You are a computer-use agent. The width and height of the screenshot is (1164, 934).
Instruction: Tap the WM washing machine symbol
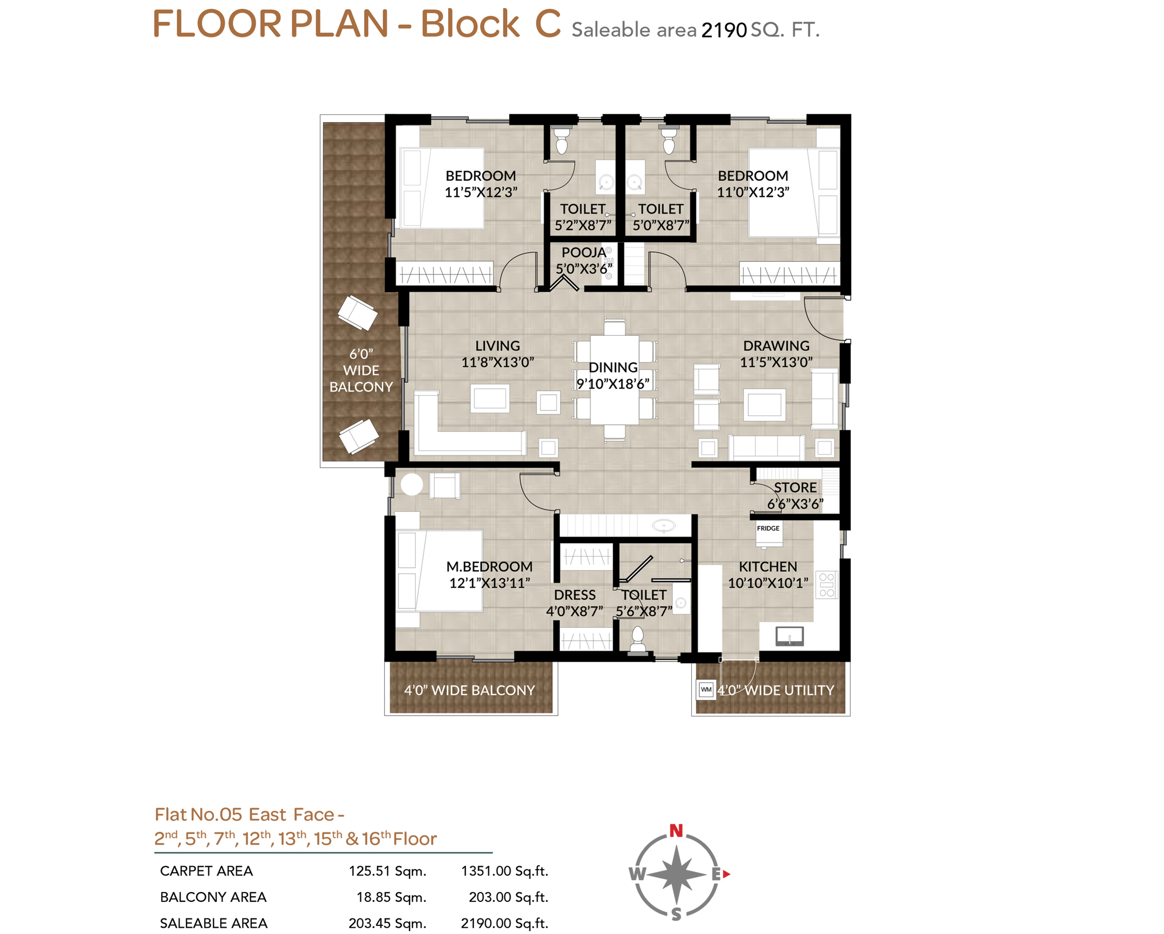[x=706, y=689]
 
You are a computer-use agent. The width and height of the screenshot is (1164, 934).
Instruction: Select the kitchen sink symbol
[x=789, y=636]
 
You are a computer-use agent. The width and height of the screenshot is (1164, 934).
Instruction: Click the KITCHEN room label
[x=768, y=566]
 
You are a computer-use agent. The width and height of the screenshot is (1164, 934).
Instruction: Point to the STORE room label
[x=795, y=487]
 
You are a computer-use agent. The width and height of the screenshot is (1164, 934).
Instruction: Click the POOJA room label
[x=583, y=252]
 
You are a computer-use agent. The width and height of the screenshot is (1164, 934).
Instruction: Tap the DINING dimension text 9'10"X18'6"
[x=613, y=383]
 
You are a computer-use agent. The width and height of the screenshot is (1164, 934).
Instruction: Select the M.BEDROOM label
[x=489, y=566]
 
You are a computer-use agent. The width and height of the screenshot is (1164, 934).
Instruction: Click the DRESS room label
[x=574, y=595]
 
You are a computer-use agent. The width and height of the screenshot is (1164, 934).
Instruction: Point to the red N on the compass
[x=676, y=830]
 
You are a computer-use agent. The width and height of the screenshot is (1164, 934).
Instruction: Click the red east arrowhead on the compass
[x=726, y=874]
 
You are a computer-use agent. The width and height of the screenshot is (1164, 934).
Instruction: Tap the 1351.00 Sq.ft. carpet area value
[x=504, y=871]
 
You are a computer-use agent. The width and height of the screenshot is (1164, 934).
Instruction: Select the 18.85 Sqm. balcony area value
[x=391, y=897]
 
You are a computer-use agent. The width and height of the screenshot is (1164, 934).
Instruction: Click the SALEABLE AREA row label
[x=213, y=923]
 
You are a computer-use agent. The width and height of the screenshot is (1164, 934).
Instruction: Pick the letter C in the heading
[x=547, y=24]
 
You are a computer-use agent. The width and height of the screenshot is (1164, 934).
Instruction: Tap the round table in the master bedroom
[x=411, y=485]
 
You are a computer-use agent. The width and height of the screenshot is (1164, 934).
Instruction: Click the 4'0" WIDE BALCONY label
[x=469, y=690]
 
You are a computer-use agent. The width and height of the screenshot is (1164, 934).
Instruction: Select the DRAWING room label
[x=776, y=346]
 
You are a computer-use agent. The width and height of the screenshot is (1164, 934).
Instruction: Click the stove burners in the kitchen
[x=827, y=584]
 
